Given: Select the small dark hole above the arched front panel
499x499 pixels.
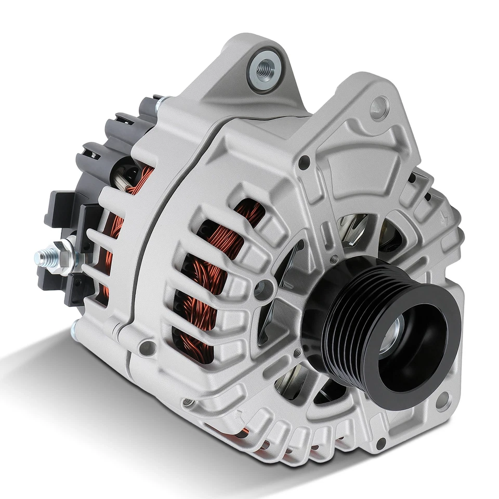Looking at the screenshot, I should (304, 162).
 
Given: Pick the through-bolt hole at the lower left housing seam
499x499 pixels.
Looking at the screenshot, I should (147, 347).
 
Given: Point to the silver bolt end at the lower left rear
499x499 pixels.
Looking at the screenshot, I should (74, 331).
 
